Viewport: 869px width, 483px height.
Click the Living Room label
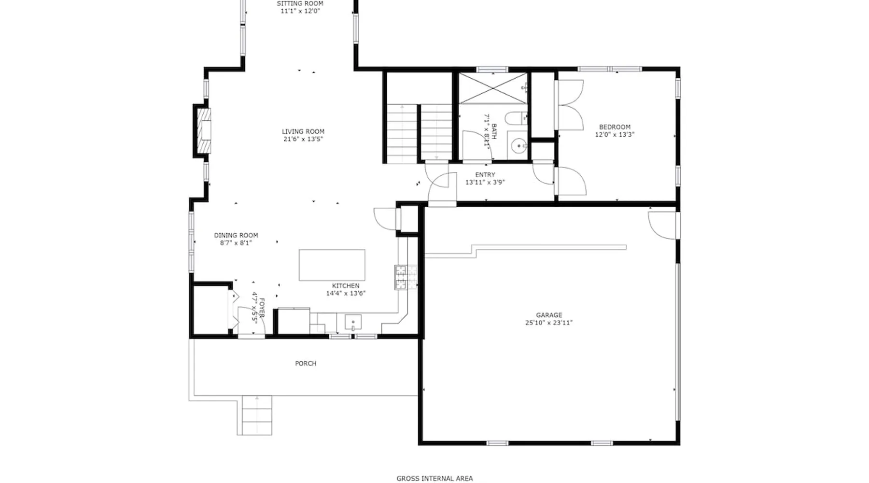[303, 131]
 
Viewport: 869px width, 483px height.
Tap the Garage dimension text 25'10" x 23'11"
[549, 323]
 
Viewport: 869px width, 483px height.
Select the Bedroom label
[615, 127]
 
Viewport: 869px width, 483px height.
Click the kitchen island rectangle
[332, 265]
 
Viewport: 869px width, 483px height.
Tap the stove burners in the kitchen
[400, 277]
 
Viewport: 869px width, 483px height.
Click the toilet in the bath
[516, 118]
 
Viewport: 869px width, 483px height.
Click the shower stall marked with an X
[492, 88]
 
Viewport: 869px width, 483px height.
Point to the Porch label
[306, 363]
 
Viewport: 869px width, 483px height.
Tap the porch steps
[254, 415]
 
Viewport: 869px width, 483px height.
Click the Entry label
[485, 175]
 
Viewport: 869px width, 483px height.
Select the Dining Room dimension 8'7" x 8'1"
[236, 243]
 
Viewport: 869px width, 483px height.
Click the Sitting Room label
[300, 3]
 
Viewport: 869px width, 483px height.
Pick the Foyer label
[262, 308]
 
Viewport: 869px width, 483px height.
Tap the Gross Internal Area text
[434, 479]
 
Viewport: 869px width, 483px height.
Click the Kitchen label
[346, 285]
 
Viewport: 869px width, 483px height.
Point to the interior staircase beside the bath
[419, 133]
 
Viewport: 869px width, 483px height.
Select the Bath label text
[494, 131]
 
